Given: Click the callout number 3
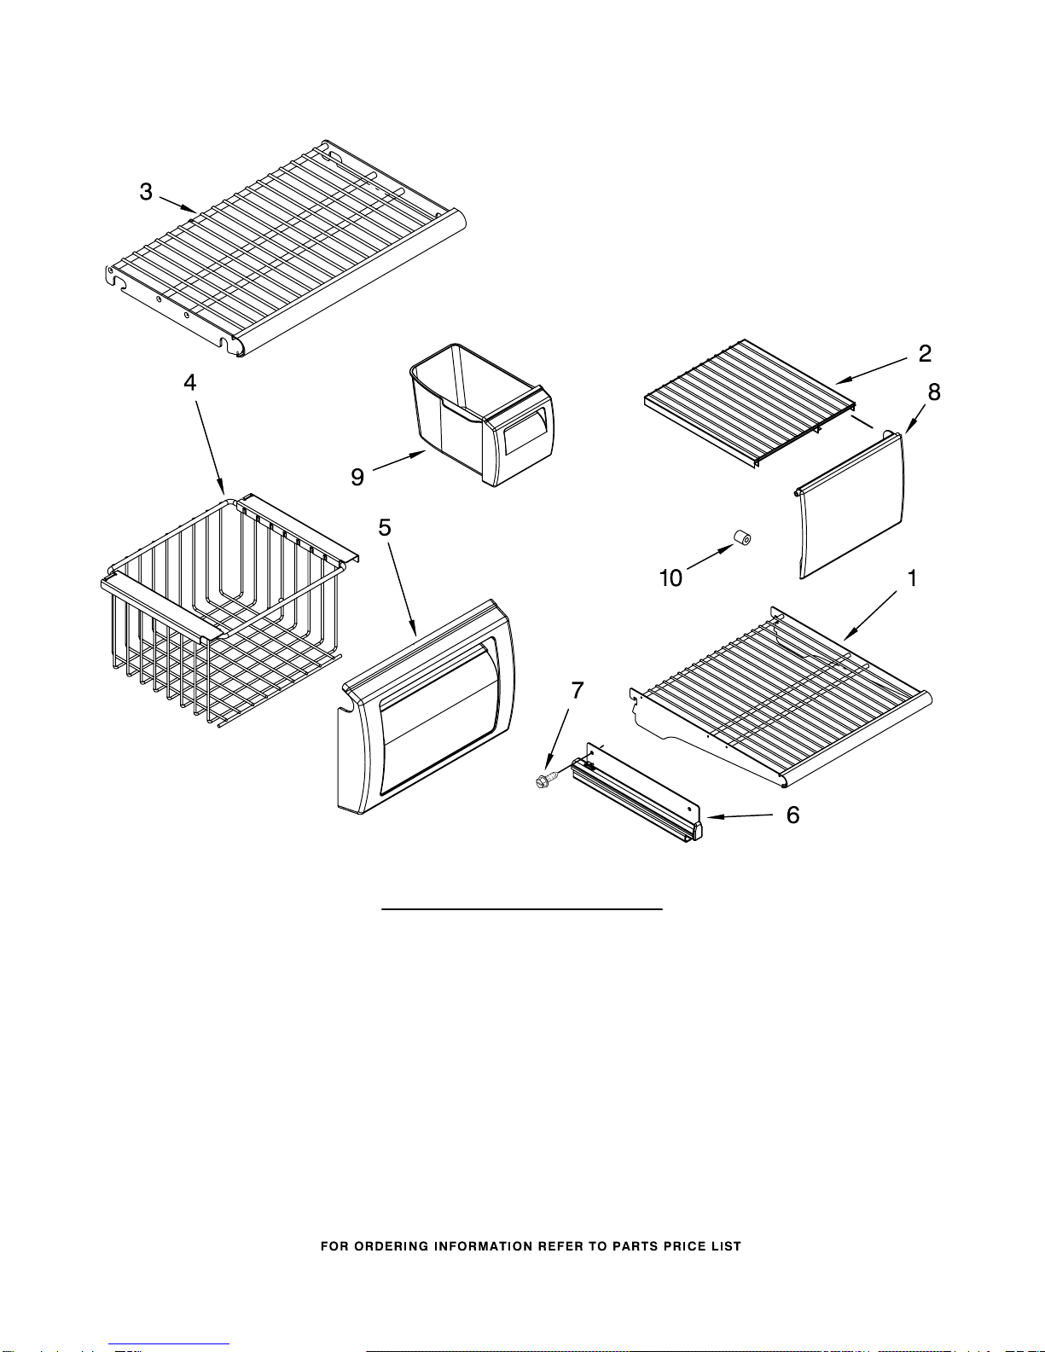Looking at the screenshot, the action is [x=146, y=192].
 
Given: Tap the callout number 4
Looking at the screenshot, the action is [x=190, y=382].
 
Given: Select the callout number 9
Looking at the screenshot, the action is [x=357, y=477].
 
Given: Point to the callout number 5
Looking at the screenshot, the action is [x=385, y=528].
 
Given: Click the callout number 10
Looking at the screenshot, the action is [x=671, y=578].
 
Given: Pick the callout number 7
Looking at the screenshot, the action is [x=578, y=690].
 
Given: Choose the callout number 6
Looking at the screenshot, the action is [x=793, y=815].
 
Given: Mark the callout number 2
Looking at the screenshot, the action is [x=926, y=353].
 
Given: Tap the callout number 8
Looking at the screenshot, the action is [x=934, y=392].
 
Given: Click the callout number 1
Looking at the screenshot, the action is [x=913, y=578].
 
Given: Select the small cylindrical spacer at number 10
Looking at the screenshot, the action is [x=742, y=537].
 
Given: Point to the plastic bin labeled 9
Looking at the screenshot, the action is [x=482, y=415].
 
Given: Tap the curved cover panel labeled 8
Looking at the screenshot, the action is [x=850, y=505].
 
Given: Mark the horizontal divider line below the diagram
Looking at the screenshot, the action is [x=522, y=909].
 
